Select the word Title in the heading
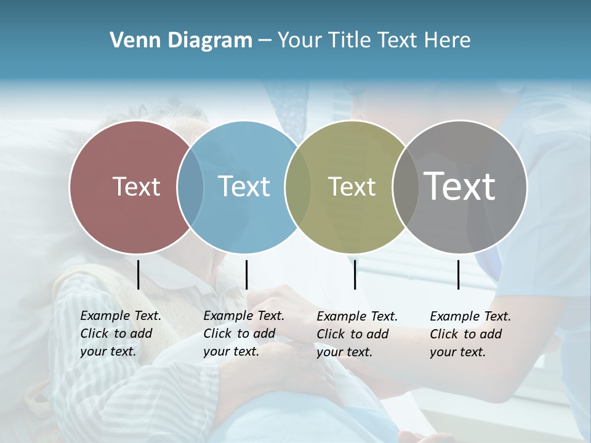pyautogui.click(x=352, y=41)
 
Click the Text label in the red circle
pyautogui.click(x=136, y=186)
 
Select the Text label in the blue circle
pyautogui.click(x=244, y=186)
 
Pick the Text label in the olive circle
pyautogui.click(x=352, y=186)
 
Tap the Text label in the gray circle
pyautogui.click(x=460, y=186)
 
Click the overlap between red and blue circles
pyautogui.click(x=190, y=187)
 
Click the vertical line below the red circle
pyautogui.click(x=138, y=274)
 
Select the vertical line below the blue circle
pyautogui.click(x=246, y=274)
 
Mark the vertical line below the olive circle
pyautogui.click(x=355, y=274)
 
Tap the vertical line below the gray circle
pyautogui.click(x=458, y=274)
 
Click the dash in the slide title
pyautogui.click(x=265, y=41)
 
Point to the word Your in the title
pyautogui.click(x=300, y=41)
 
